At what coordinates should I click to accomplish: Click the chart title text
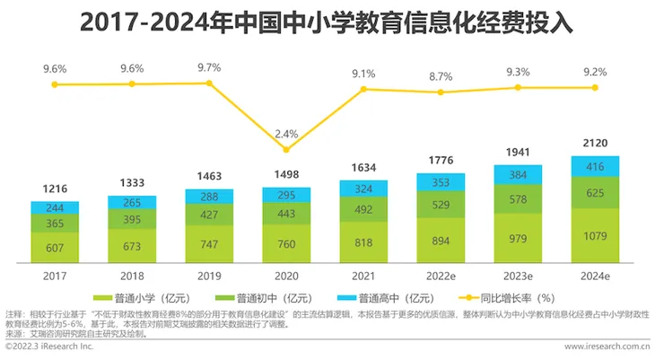point(327,22)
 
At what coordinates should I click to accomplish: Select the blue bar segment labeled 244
point(55,207)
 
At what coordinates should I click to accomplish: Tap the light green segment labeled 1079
point(595,236)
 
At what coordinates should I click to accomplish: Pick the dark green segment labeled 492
point(363,209)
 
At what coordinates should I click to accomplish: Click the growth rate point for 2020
point(286,149)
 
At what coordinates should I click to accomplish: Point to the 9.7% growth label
point(209,67)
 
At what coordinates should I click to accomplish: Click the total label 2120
point(595,143)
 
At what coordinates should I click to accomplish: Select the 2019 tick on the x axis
point(209,276)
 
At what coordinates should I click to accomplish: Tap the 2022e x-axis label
point(441,276)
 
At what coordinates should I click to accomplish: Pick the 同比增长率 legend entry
point(506,298)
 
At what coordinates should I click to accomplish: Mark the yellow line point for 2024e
point(595,87)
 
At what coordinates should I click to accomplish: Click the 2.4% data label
point(286,135)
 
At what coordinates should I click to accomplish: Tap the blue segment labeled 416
point(595,166)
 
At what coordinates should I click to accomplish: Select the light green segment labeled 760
point(286,244)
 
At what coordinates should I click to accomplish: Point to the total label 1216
point(55,189)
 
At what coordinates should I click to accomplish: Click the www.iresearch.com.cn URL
point(607,347)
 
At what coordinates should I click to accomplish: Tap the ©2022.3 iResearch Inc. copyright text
point(49,347)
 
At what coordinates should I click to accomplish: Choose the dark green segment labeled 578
point(518,199)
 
